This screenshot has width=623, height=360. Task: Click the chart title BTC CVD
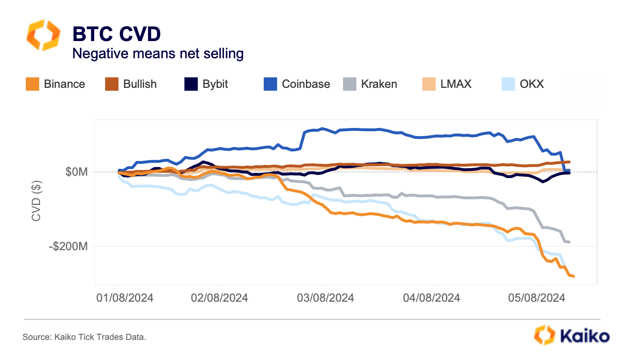(116, 34)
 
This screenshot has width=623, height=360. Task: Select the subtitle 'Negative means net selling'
(158, 53)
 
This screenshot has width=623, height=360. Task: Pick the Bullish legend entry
(131, 84)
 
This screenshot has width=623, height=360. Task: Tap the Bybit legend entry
(206, 84)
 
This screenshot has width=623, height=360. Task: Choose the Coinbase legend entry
(297, 84)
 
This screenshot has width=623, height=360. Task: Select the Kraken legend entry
(370, 84)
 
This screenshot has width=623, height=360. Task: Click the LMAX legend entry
(447, 84)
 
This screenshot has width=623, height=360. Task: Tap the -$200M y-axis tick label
(70, 247)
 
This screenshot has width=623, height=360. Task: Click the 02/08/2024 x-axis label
(220, 298)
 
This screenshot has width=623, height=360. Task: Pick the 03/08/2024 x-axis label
(326, 298)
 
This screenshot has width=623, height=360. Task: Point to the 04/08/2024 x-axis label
(432, 298)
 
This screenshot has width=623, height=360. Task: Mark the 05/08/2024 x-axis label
(537, 298)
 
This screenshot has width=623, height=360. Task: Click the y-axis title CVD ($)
(36, 200)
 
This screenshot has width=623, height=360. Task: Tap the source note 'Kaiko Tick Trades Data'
(84, 337)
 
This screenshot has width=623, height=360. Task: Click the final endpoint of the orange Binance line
(573, 276)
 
